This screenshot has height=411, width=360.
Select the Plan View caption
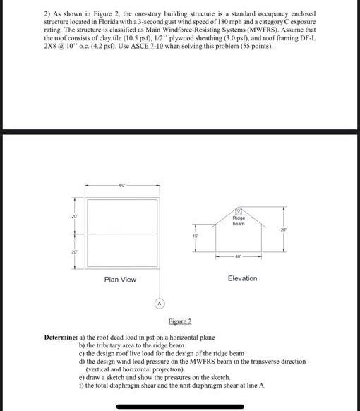click(x=120, y=280)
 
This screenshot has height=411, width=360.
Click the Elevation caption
click(x=243, y=278)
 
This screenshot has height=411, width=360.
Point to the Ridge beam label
click(x=238, y=221)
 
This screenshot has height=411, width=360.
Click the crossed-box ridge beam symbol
click(x=238, y=211)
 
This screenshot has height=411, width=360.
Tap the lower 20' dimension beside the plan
click(x=73, y=251)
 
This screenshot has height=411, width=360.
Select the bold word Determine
click(x=64, y=338)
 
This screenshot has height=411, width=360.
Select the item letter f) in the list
click(x=82, y=385)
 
